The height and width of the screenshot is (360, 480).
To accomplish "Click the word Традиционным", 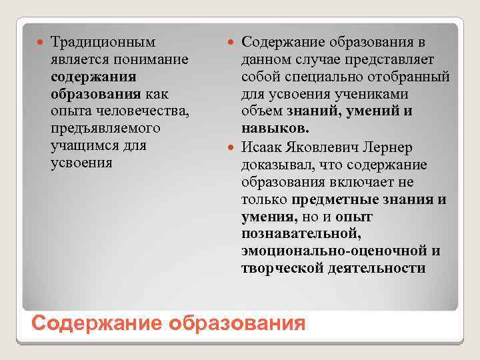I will [x=103, y=42].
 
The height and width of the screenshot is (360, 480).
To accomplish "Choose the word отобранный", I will [x=406, y=77].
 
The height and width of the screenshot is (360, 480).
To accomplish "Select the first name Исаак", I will [x=263, y=147].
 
